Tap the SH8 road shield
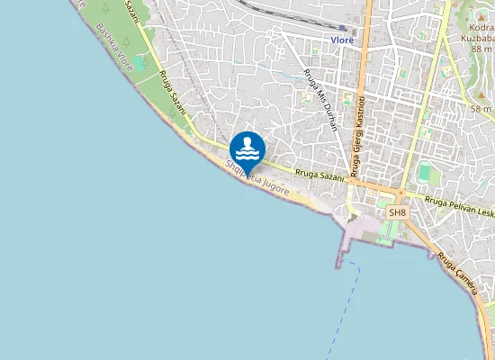[x=397, y=212]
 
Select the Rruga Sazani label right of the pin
[x=319, y=174]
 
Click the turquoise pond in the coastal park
[x=139, y=64]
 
